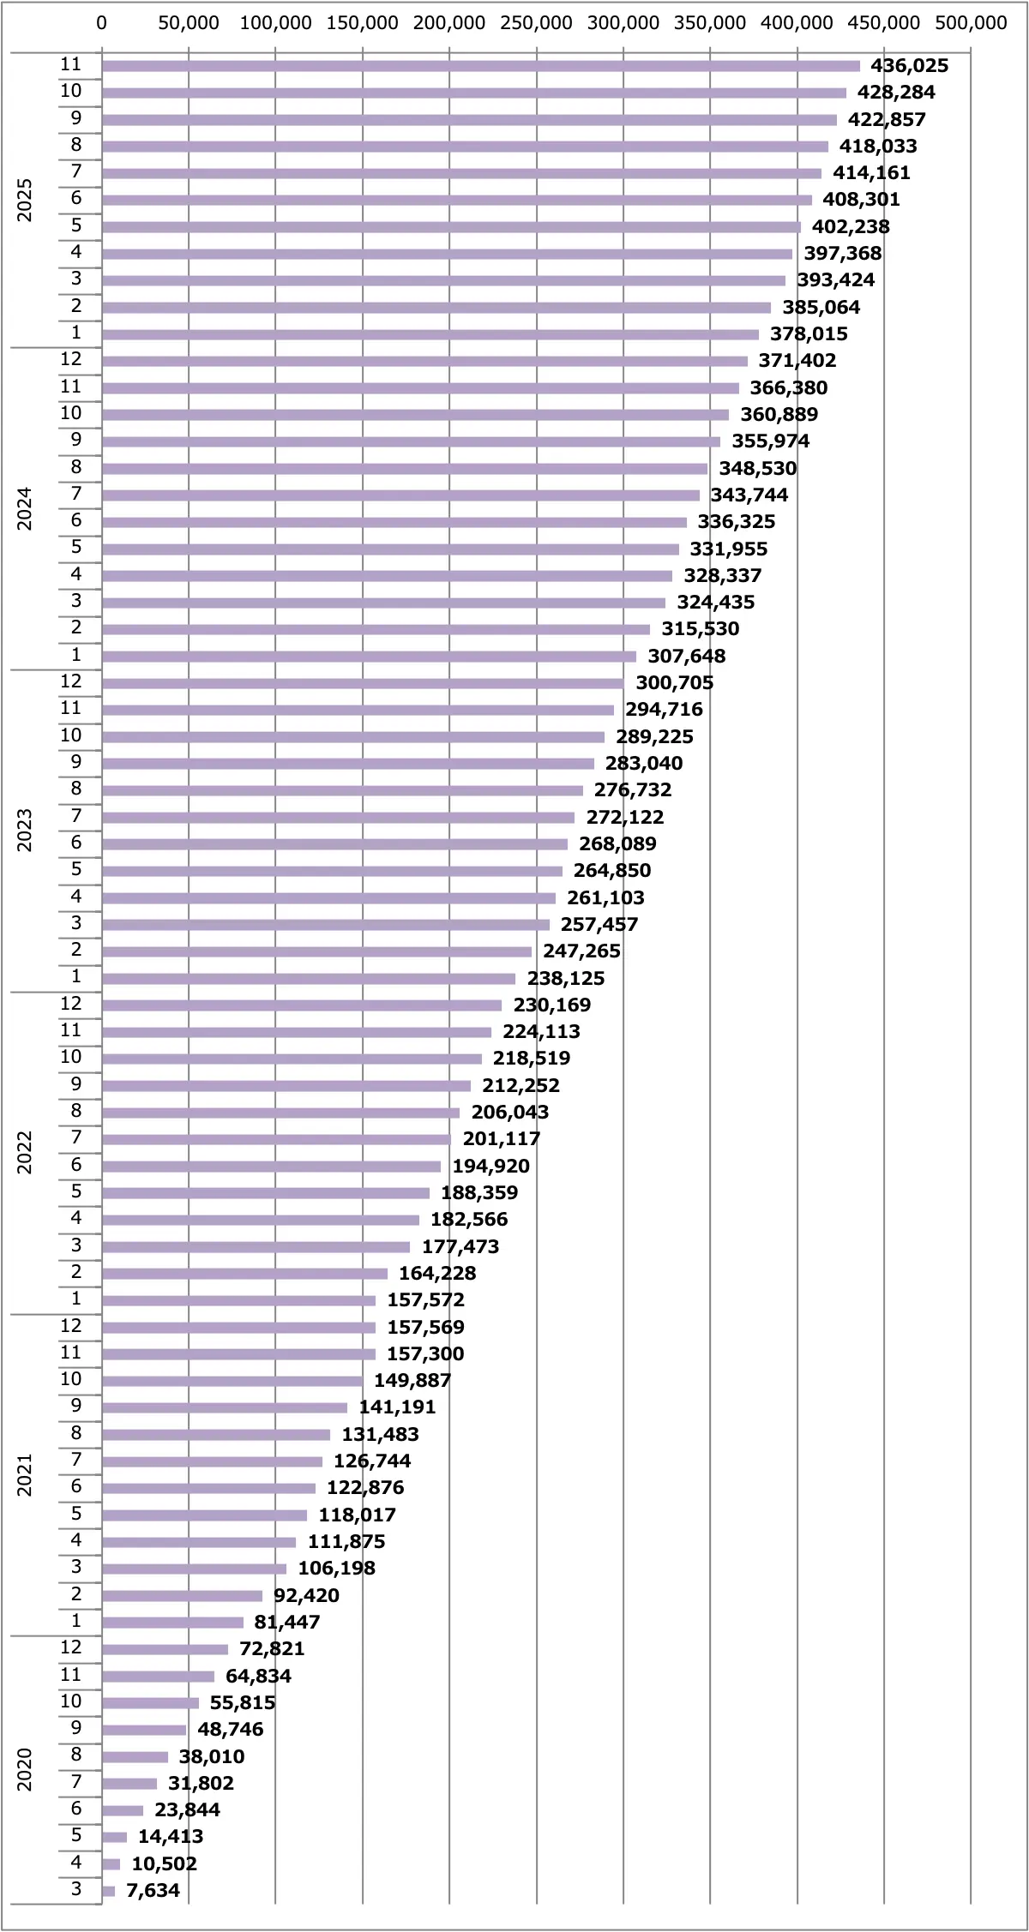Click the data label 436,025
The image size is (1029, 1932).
pos(909,65)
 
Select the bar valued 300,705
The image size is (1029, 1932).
pos(363,683)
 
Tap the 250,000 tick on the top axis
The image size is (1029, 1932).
pos(536,23)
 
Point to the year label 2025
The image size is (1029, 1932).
pos(25,200)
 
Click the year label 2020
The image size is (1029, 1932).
pos(25,1769)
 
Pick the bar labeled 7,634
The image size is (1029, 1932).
pos(109,1891)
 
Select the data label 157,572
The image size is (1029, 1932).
pos(425,1299)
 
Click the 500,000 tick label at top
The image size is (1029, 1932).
pos(971,23)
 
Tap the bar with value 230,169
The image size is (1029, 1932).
pos(302,1005)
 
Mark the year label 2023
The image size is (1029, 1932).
pos(25,830)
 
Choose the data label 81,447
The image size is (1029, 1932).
pos(287,1622)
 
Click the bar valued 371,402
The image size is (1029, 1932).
pos(424,361)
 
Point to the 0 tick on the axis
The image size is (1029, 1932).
pos(102,23)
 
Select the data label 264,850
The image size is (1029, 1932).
pos(612,870)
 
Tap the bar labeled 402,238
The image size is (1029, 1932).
pos(451,227)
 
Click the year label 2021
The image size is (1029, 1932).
pos(25,1474)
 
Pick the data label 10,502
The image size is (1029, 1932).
pos(164,1863)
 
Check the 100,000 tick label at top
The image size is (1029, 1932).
pos(275,23)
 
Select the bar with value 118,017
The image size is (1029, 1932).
pos(204,1515)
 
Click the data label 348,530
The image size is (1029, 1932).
pos(757,468)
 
